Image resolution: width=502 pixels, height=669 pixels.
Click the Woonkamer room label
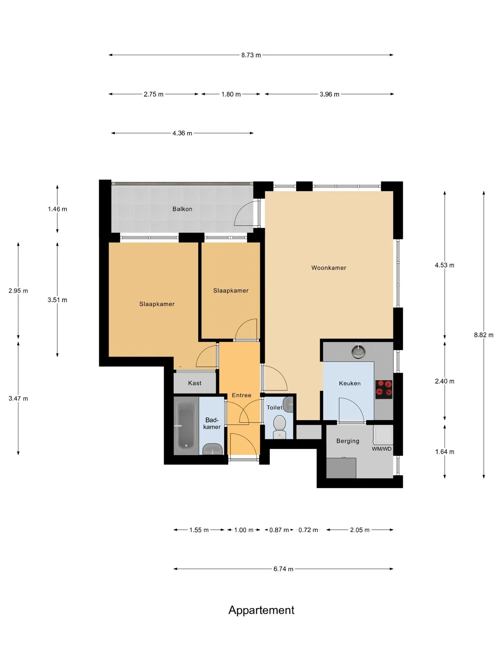(329, 268)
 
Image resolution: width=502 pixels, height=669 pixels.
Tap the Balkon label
(182, 209)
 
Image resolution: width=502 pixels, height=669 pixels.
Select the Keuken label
(350, 383)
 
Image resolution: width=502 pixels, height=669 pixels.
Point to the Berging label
(348, 441)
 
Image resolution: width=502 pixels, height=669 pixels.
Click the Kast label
(195, 383)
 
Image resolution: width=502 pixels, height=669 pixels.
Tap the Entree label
(242, 395)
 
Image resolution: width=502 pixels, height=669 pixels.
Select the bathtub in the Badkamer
(186, 425)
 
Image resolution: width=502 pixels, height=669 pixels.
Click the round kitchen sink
(358, 352)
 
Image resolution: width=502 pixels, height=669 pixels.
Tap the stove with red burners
(384, 389)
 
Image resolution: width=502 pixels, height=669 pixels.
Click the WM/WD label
(382, 449)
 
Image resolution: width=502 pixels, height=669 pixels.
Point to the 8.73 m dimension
(251, 55)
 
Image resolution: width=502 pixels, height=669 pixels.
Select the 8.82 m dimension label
(484, 335)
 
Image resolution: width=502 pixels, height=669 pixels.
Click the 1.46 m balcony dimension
(58, 209)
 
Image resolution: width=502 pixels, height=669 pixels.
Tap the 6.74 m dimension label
(283, 569)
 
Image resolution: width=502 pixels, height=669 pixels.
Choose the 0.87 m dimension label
(279, 530)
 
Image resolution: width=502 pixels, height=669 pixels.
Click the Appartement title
(261, 610)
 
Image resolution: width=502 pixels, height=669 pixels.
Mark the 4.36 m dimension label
(182, 133)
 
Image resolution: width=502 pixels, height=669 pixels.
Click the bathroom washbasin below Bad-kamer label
(213, 449)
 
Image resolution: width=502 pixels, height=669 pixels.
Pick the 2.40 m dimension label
(444, 381)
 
